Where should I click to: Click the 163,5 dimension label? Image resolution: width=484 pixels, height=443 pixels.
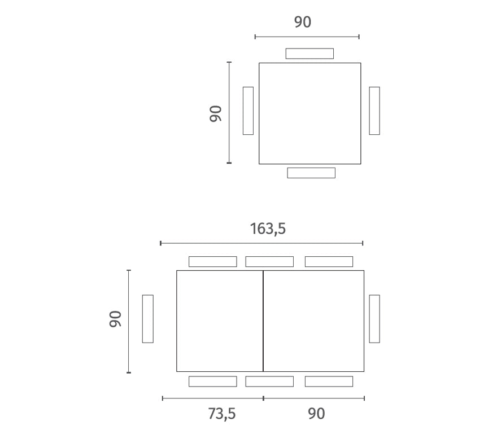click(268, 229)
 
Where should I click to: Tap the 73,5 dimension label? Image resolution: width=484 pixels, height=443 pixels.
click(222, 414)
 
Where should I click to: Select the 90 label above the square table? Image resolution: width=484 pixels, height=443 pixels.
click(303, 22)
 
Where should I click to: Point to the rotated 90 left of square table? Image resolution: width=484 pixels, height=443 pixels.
click(215, 113)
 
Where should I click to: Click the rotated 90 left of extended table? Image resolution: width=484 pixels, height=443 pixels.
click(115, 319)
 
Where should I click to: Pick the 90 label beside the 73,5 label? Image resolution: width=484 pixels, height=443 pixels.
click(316, 414)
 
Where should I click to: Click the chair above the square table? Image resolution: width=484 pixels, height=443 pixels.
click(309, 54)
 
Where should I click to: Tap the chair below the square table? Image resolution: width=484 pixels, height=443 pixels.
click(311, 173)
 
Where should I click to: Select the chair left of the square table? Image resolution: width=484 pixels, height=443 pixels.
click(248, 111)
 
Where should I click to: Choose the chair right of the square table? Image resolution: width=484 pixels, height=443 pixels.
click(374, 111)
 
